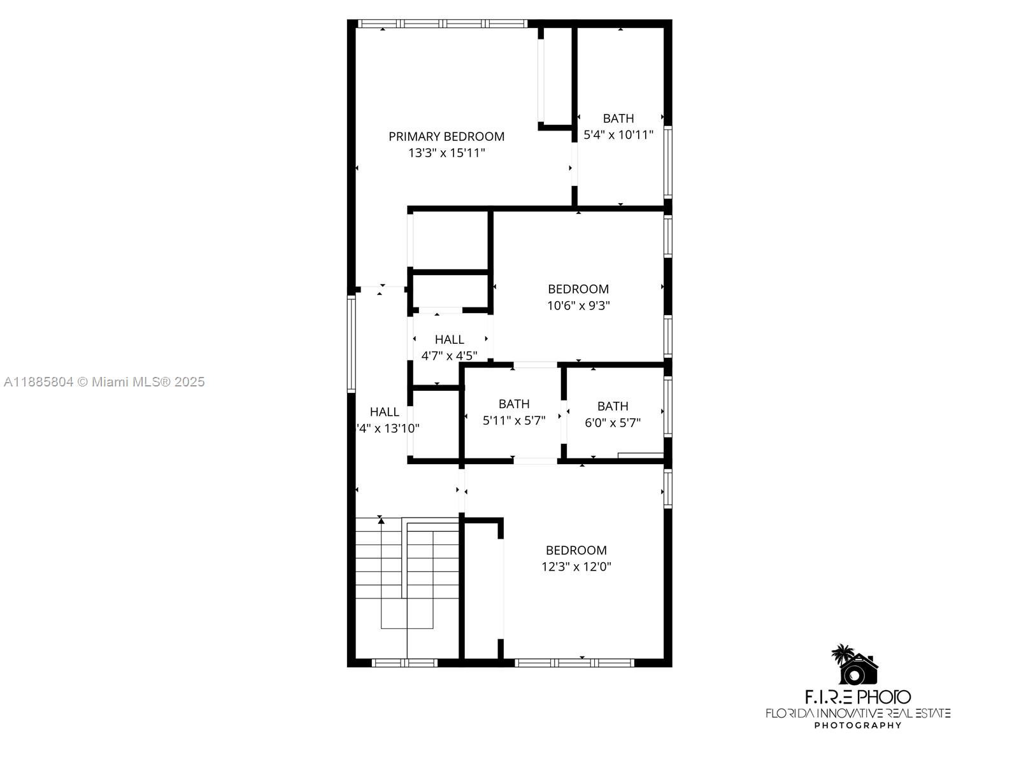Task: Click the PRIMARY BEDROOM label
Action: click(446, 136)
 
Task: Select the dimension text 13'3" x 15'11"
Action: click(446, 153)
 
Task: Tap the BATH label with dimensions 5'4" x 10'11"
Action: click(618, 118)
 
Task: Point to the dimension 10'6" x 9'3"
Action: click(578, 306)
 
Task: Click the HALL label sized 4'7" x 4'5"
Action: click(449, 339)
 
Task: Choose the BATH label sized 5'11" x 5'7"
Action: click(514, 404)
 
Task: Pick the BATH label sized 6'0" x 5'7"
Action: click(613, 406)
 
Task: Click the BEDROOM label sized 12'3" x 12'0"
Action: click(576, 550)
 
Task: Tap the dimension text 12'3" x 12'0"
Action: click(576, 567)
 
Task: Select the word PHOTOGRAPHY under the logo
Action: click(858, 725)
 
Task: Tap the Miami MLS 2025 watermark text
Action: click(104, 382)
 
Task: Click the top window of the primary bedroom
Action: click(443, 24)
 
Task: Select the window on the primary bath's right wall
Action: click(667, 162)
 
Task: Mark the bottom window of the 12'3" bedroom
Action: click(574, 663)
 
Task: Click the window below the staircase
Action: click(404, 663)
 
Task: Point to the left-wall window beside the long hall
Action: click(351, 344)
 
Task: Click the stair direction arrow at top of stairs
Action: click(381, 521)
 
